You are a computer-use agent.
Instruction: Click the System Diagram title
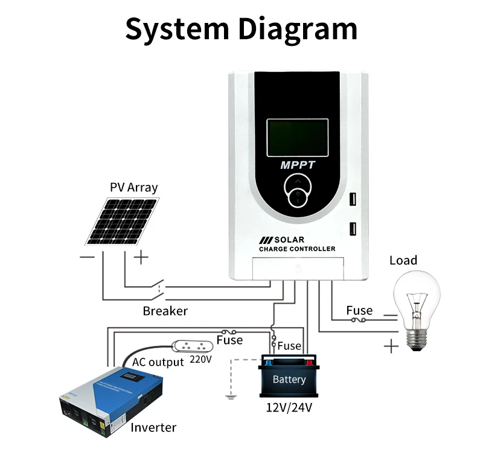point(241,28)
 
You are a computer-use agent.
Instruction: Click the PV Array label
point(133,187)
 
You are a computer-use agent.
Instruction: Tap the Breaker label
point(165,311)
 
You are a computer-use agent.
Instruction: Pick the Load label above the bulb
point(403,260)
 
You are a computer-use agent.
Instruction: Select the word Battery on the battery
point(289,380)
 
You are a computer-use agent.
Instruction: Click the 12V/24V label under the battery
point(289,407)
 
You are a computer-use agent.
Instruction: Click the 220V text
point(201,358)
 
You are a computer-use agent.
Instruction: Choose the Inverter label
point(153,428)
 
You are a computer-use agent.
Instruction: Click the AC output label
point(158,362)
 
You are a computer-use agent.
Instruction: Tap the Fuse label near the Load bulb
point(359,310)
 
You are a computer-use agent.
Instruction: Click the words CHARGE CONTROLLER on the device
point(297,249)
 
